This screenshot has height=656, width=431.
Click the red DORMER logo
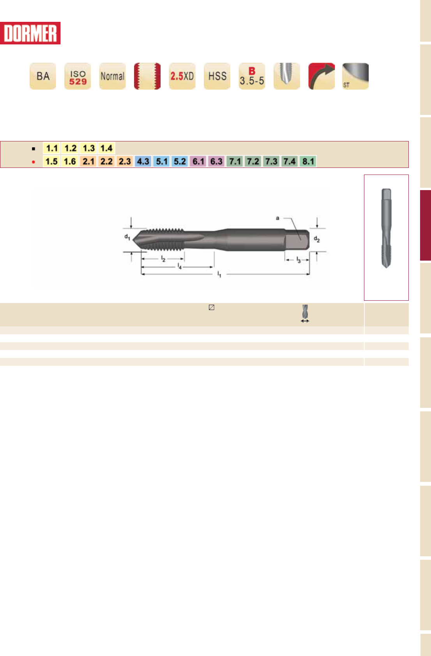(x=30, y=33)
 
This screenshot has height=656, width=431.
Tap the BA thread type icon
(x=43, y=76)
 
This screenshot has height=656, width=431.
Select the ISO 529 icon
(x=78, y=76)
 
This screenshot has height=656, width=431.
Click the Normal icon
(x=113, y=76)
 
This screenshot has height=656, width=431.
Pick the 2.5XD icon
(x=182, y=76)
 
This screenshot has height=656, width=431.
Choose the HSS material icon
(x=217, y=76)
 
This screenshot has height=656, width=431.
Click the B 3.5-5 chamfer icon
(x=252, y=76)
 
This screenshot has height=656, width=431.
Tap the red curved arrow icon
(x=322, y=76)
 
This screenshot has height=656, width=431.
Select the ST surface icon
(x=355, y=76)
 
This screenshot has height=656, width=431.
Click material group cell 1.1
(x=52, y=148)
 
